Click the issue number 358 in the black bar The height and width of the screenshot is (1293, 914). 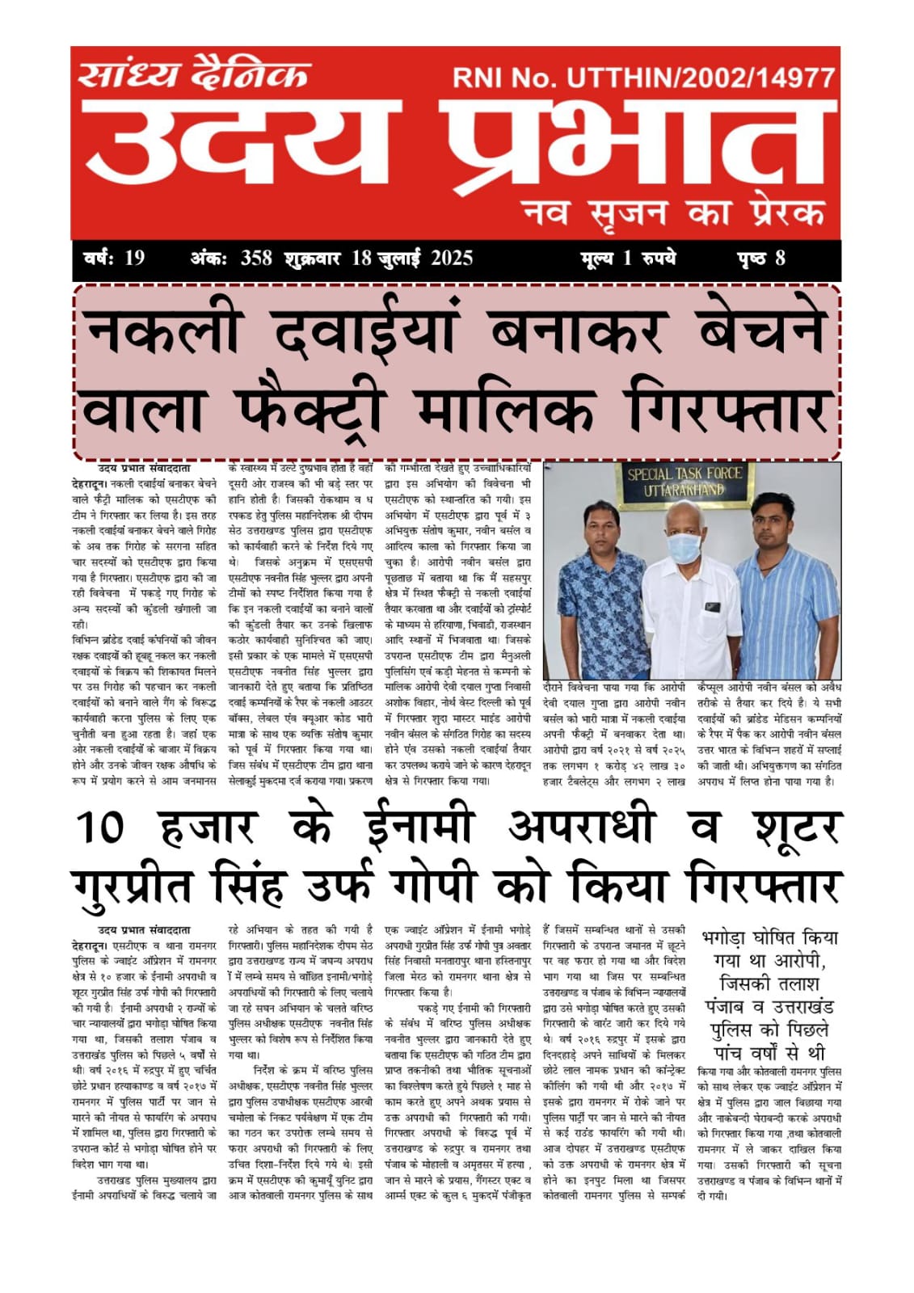256,259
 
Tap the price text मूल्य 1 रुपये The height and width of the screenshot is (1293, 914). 628,259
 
